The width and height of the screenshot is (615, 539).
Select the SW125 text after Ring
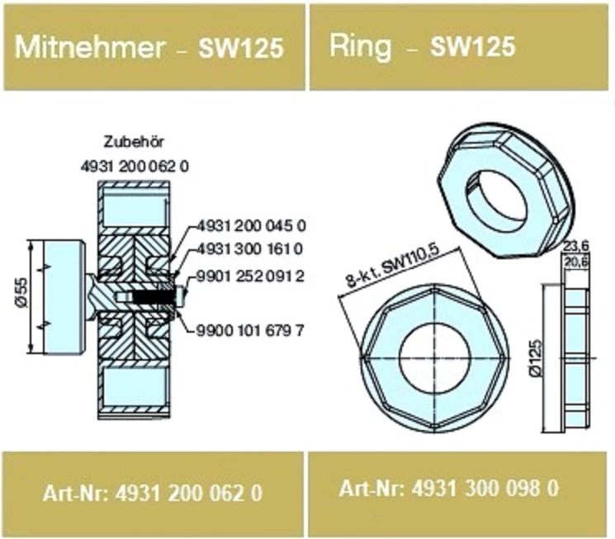point(473,47)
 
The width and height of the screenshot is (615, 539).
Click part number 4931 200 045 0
point(252,225)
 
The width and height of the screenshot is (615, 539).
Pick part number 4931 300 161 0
point(252,248)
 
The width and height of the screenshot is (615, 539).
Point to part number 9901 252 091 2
point(252,277)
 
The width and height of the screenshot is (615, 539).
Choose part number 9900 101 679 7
point(252,331)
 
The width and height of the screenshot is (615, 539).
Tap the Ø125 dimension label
point(537,357)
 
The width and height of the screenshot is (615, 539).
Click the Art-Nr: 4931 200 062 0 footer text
point(153,494)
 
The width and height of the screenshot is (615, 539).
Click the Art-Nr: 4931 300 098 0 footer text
point(449,488)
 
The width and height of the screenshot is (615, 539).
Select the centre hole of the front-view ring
point(434,357)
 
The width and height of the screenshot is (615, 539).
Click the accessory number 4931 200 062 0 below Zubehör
point(135,166)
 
